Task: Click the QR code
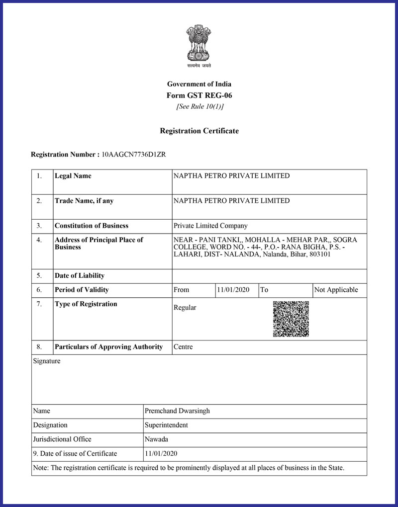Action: (291, 319)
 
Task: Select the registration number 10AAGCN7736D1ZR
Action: (133, 155)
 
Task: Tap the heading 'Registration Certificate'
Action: (199, 131)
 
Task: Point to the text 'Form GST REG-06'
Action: (199, 95)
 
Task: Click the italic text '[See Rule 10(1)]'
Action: (199, 106)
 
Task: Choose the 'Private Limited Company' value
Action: (210, 226)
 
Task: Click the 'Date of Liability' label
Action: (80, 276)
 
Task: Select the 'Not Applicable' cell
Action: (336, 290)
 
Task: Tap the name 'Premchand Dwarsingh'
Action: (177, 411)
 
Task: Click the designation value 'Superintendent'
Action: (166, 425)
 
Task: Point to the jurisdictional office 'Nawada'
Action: (156, 439)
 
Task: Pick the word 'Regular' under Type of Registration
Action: (185, 308)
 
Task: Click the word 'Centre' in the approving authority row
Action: (183, 347)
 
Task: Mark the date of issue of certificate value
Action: (161, 453)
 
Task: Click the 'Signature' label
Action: (47, 361)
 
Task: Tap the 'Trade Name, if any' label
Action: (84, 201)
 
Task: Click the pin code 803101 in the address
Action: (319, 254)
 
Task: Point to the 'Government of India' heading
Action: (199, 84)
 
